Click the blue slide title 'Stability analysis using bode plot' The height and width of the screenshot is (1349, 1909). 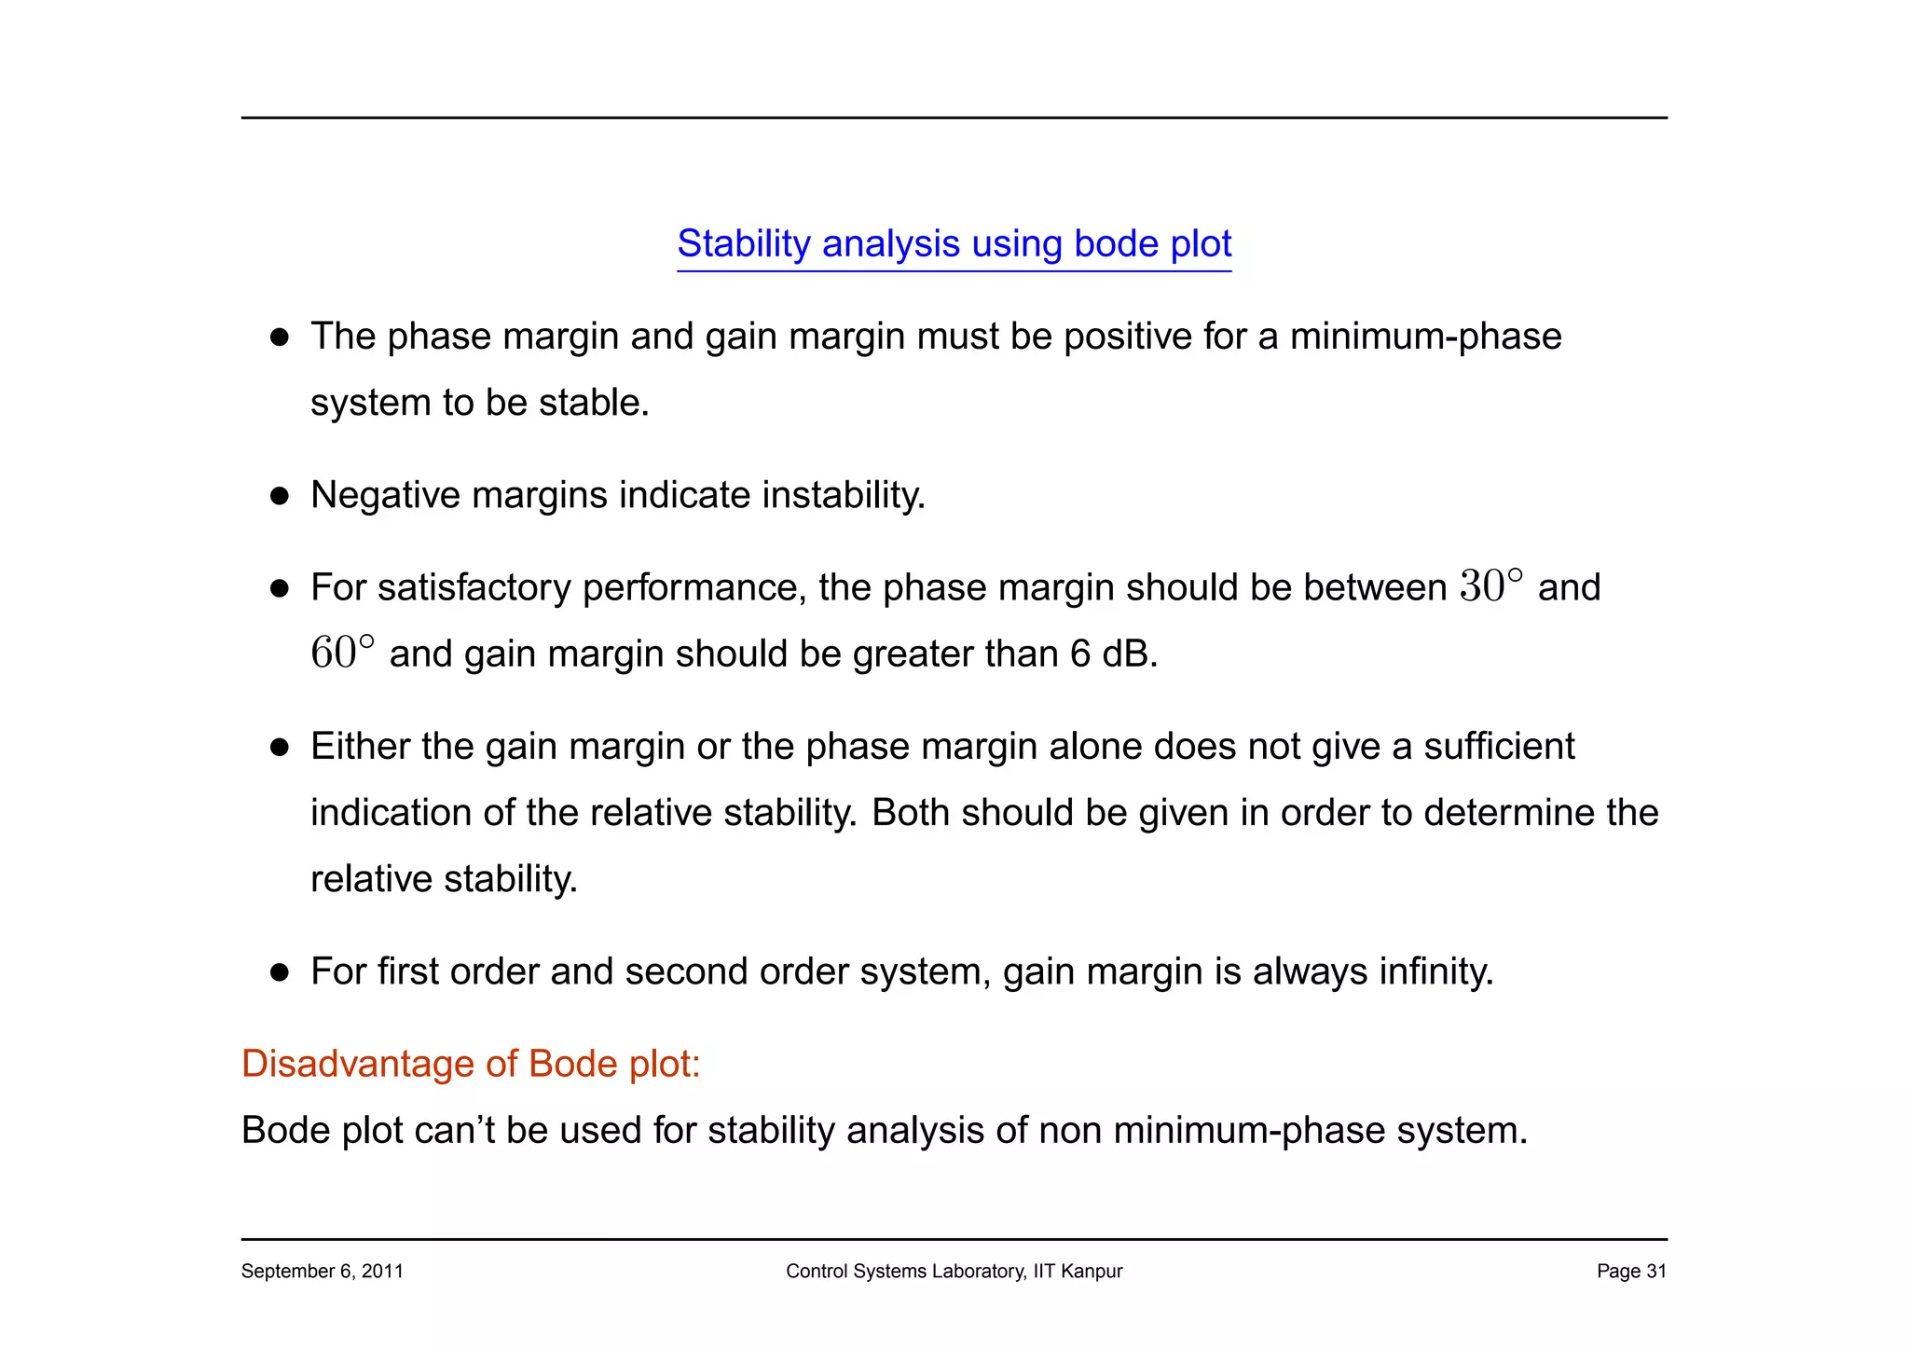pyautogui.click(x=954, y=244)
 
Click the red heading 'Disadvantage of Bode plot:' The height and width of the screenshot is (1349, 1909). pyautogui.click(x=471, y=1064)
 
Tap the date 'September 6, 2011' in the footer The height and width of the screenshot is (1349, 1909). pyautogui.click(x=322, y=1272)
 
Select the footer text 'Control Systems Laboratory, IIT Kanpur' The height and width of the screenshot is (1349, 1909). pyautogui.click(x=954, y=1272)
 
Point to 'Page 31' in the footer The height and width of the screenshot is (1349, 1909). pyautogui.click(x=1630, y=1272)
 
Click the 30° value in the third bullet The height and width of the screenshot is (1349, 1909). pyautogui.click(x=1490, y=586)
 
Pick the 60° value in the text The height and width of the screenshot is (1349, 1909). pyautogui.click(x=342, y=653)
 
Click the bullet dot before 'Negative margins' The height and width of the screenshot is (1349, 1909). pyautogui.click(x=279, y=496)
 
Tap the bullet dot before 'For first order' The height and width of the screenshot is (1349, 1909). pyautogui.click(x=279, y=973)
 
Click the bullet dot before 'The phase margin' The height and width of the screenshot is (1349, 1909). pyautogui.click(x=279, y=337)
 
